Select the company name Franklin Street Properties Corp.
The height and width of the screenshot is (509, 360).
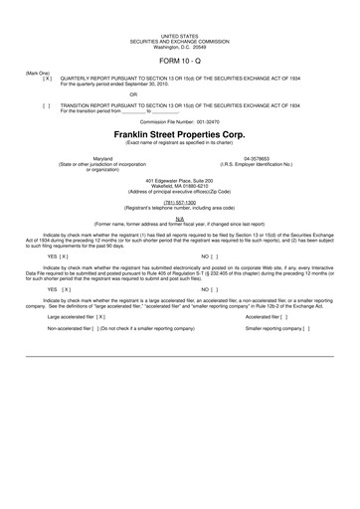179,133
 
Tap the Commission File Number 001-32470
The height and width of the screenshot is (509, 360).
179,120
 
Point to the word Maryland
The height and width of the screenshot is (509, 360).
102,157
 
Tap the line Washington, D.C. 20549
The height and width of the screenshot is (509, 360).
179,46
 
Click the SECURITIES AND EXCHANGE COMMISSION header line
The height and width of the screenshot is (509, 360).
179,41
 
